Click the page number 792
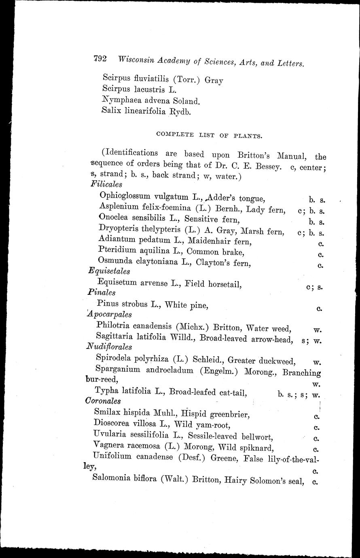(x=100, y=59)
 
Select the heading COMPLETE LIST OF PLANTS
(x=208, y=135)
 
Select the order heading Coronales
(x=103, y=401)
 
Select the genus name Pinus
(x=108, y=303)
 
